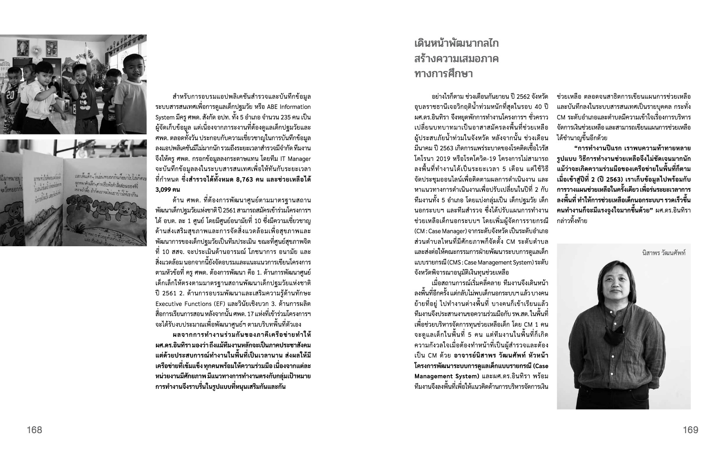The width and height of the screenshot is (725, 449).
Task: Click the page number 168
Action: coord(35,430)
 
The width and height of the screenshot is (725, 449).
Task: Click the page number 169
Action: coord(690,430)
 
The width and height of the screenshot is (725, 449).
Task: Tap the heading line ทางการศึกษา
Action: coord(444,74)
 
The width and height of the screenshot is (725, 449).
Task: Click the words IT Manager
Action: coord(294,158)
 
